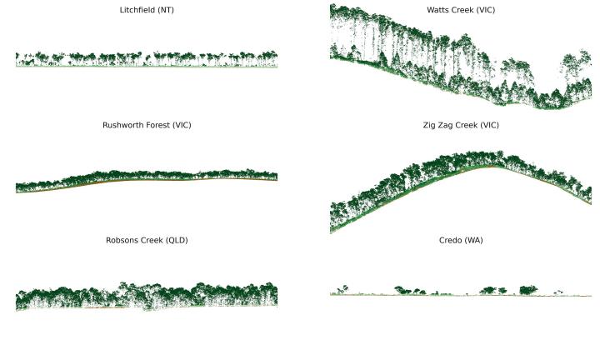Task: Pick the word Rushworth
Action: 123,125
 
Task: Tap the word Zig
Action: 431,125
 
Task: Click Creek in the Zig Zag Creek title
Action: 471,125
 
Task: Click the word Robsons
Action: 124,240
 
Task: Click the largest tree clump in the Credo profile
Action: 528,290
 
